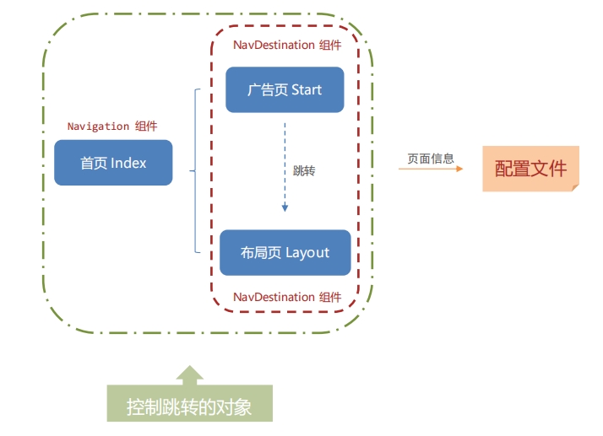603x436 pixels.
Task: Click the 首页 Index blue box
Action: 113,163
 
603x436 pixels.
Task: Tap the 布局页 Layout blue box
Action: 285,252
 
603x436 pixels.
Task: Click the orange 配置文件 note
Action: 530,168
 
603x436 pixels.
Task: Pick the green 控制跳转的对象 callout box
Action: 189,406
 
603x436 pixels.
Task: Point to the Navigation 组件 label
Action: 112,126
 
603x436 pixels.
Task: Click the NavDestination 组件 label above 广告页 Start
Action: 286,45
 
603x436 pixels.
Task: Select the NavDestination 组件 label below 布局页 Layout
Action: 286,297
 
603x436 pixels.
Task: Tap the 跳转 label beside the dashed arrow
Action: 304,170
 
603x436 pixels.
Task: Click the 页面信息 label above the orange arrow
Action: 431,158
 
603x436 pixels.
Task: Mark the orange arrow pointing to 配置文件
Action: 431,169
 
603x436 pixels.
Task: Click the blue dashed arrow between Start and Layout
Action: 285,169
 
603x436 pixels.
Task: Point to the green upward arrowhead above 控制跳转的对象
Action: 189,374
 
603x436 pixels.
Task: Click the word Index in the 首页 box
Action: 128,163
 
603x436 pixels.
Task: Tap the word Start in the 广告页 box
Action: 306,90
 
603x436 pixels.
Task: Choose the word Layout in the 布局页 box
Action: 307,252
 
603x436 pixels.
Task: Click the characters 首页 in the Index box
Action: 93,163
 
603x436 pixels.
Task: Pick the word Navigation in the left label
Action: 99,126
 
